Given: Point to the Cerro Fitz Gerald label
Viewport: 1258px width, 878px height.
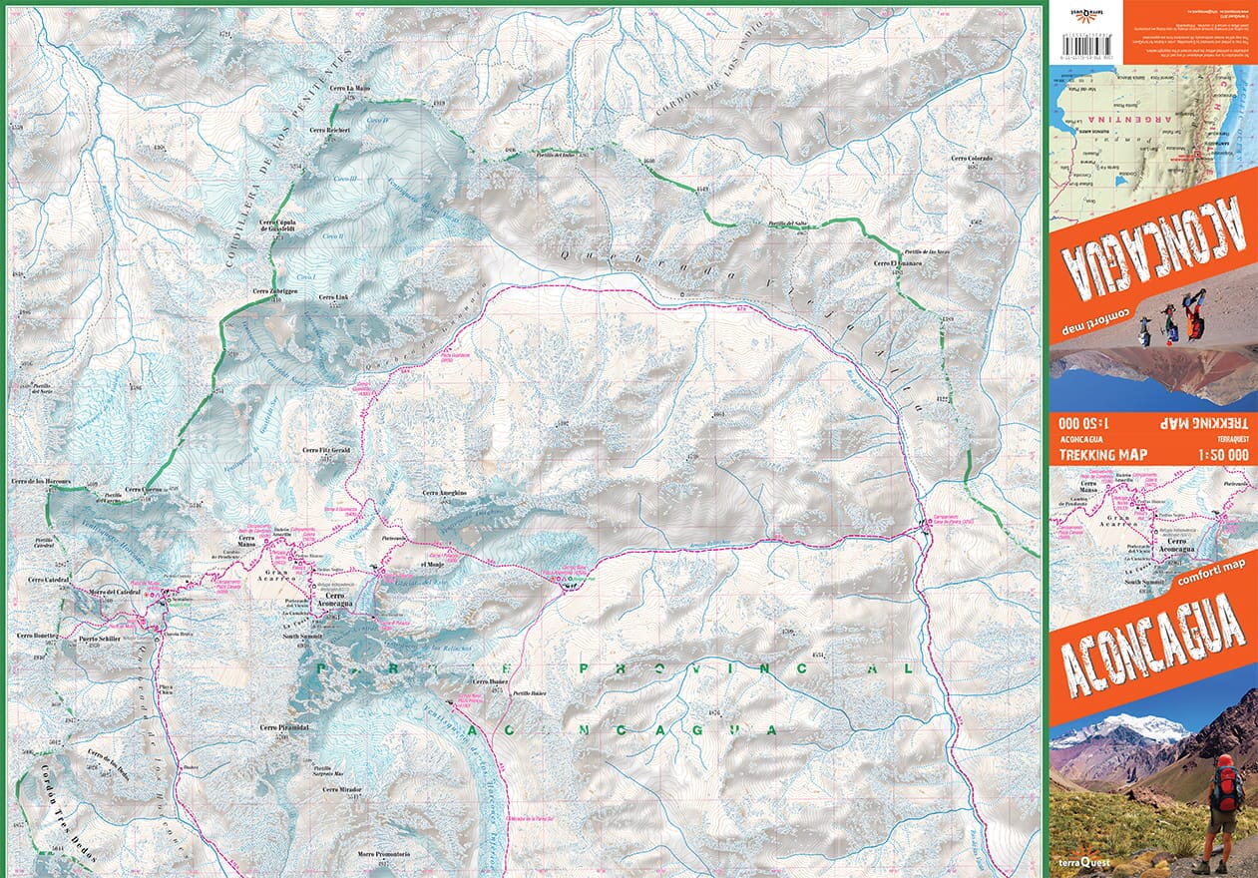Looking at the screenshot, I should tap(326, 451).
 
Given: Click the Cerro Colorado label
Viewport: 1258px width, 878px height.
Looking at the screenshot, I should tap(972, 159).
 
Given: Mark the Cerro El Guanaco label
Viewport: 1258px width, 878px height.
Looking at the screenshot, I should tap(897, 263).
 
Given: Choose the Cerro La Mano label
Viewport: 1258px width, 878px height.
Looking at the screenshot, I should tap(349, 89).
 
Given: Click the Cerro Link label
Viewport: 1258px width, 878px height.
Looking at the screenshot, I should tap(332, 297).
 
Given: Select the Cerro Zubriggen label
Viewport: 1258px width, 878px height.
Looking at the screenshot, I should tap(290, 290).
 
